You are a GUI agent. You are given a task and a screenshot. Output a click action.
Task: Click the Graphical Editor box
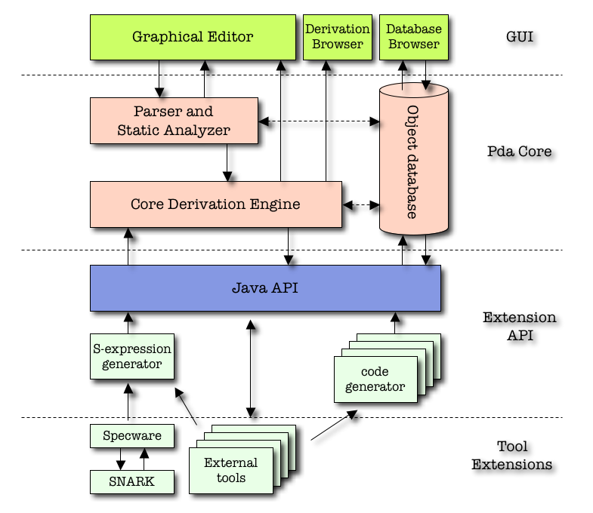pyautogui.click(x=192, y=37)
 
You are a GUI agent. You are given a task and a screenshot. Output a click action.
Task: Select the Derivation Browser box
pyautogui.click(x=337, y=37)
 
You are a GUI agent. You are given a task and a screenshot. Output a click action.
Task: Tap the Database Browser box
pyautogui.click(x=412, y=37)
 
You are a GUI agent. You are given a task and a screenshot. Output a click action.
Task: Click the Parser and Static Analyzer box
pyautogui.click(x=174, y=121)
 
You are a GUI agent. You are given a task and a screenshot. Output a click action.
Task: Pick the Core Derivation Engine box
pyautogui.click(x=215, y=204)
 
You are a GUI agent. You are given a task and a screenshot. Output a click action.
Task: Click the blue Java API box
pyautogui.click(x=264, y=287)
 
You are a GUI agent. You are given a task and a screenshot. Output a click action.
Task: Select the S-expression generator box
pyautogui.click(x=132, y=357)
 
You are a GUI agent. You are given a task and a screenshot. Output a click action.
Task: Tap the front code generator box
pyautogui.click(x=375, y=380)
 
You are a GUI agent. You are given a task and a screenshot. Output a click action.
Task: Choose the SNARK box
pyautogui.click(x=131, y=481)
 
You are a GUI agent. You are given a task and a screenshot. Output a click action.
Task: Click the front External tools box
pyautogui.click(x=230, y=470)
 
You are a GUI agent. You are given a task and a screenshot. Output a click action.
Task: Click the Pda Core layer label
pyautogui.click(x=519, y=151)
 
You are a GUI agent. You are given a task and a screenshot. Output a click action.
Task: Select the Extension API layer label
pyautogui.click(x=519, y=326)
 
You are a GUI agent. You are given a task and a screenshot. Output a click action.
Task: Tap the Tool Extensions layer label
pyautogui.click(x=511, y=455)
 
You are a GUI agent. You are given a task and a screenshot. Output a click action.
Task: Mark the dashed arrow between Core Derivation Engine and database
pyautogui.click(x=361, y=204)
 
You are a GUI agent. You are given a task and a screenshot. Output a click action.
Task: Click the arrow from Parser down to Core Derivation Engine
pyautogui.click(x=227, y=162)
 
